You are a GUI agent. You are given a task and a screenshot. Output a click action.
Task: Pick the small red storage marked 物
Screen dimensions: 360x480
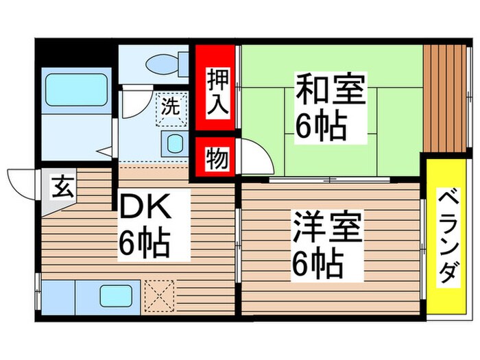tap(215, 160)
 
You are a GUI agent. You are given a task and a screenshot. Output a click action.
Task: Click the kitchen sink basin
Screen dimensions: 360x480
tap(115, 296)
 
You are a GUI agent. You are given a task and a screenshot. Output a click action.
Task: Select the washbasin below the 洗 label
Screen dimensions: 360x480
tap(173, 144)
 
